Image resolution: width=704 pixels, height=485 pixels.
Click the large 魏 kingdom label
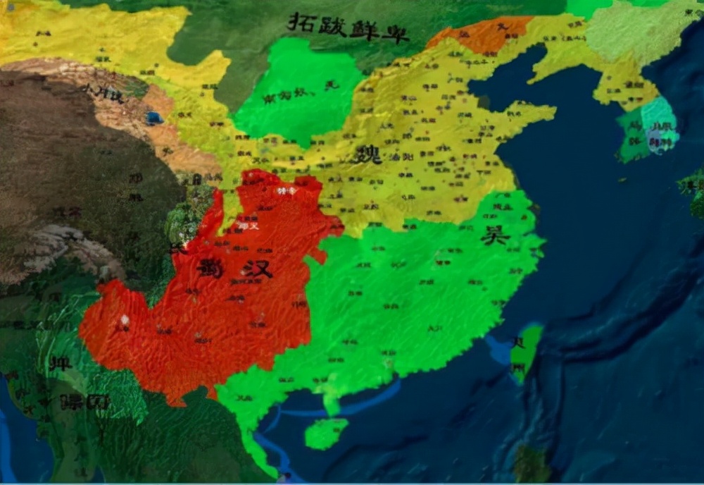click(370, 153)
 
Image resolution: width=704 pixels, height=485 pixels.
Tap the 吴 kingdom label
click(495, 235)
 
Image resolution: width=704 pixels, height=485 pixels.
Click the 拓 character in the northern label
click(301, 22)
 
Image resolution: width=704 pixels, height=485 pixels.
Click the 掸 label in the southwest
click(59, 364)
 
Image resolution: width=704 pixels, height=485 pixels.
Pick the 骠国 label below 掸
click(84, 401)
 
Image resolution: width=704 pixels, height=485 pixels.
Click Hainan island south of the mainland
click(325, 432)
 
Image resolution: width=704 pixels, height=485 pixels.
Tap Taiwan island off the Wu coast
click(526, 352)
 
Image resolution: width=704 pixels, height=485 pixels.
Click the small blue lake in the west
click(153, 118)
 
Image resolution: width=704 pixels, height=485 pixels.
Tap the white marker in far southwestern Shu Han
click(125, 320)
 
